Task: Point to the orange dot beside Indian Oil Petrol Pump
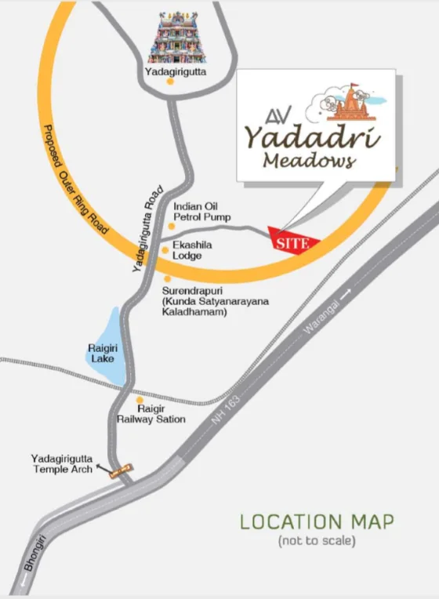pyautogui.click(x=171, y=226)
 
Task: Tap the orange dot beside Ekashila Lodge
pyautogui.click(x=165, y=251)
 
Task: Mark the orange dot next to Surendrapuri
pyautogui.click(x=167, y=278)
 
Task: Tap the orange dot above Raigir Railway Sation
pyautogui.click(x=140, y=400)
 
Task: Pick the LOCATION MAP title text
pyautogui.click(x=317, y=521)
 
